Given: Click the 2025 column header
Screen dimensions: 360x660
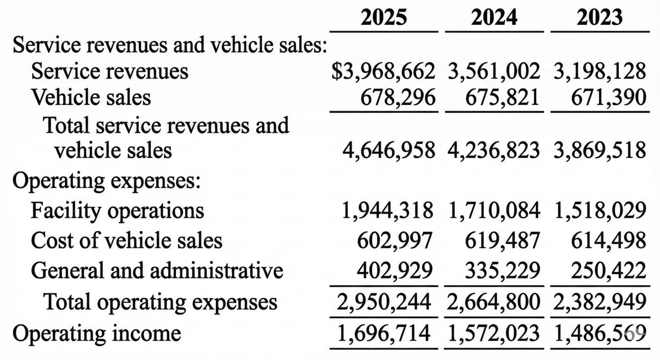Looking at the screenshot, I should [384, 17].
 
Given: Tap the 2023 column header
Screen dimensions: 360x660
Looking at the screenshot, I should [600, 17].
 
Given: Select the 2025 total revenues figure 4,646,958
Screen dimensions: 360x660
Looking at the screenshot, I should [388, 150].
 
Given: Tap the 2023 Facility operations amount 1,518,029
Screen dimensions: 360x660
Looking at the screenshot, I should [600, 210].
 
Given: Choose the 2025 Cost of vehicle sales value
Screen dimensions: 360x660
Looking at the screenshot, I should [396, 240].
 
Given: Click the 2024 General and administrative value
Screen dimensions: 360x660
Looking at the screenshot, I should [501, 271].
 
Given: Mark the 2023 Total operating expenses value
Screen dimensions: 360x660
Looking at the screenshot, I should [600, 301].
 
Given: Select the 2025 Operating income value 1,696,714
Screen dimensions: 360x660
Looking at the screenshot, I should [385, 333].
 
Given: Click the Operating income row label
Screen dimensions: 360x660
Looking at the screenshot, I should [96, 333].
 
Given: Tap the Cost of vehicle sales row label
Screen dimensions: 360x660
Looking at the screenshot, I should [126, 240].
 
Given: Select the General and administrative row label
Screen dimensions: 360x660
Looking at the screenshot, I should [157, 271].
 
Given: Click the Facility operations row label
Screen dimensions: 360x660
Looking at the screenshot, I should [117, 210].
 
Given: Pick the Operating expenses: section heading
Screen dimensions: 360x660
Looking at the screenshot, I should [106, 181].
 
